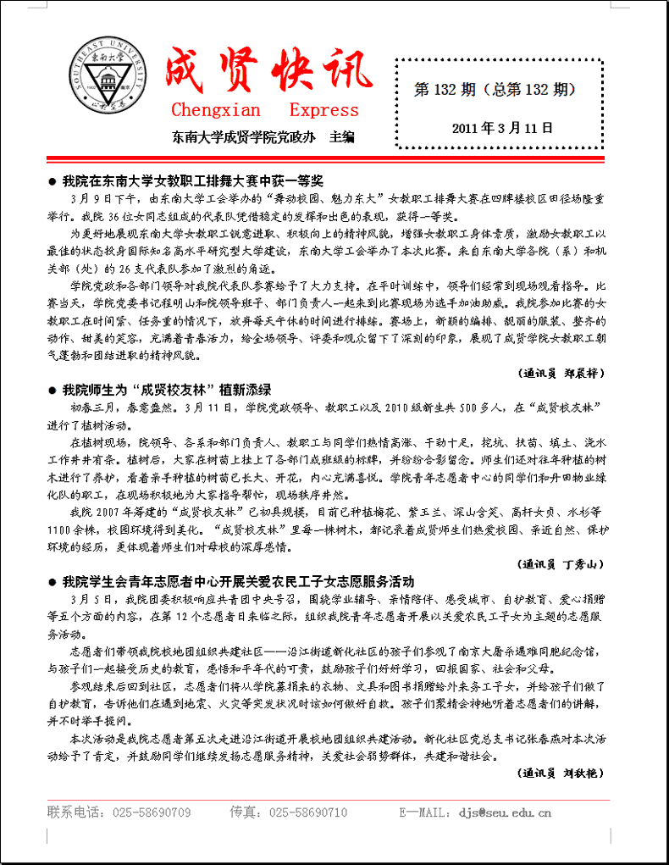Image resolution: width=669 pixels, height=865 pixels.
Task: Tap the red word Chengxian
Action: coord(216,110)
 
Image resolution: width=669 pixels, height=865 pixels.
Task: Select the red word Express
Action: coord(324,110)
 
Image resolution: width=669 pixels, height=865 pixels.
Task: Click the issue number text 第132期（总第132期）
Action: coord(495,89)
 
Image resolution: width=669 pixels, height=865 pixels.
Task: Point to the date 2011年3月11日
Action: coord(501,129)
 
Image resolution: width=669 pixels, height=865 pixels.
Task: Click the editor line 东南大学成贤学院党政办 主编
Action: coord(263,136)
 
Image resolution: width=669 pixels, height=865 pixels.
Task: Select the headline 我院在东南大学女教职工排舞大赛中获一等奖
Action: coord(192,181)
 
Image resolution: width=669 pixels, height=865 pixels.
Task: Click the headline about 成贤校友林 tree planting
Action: coord(166,390)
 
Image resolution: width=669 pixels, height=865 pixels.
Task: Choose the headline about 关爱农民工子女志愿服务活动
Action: coord(238,581)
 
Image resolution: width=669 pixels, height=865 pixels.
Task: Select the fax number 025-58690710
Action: coord(308,812)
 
